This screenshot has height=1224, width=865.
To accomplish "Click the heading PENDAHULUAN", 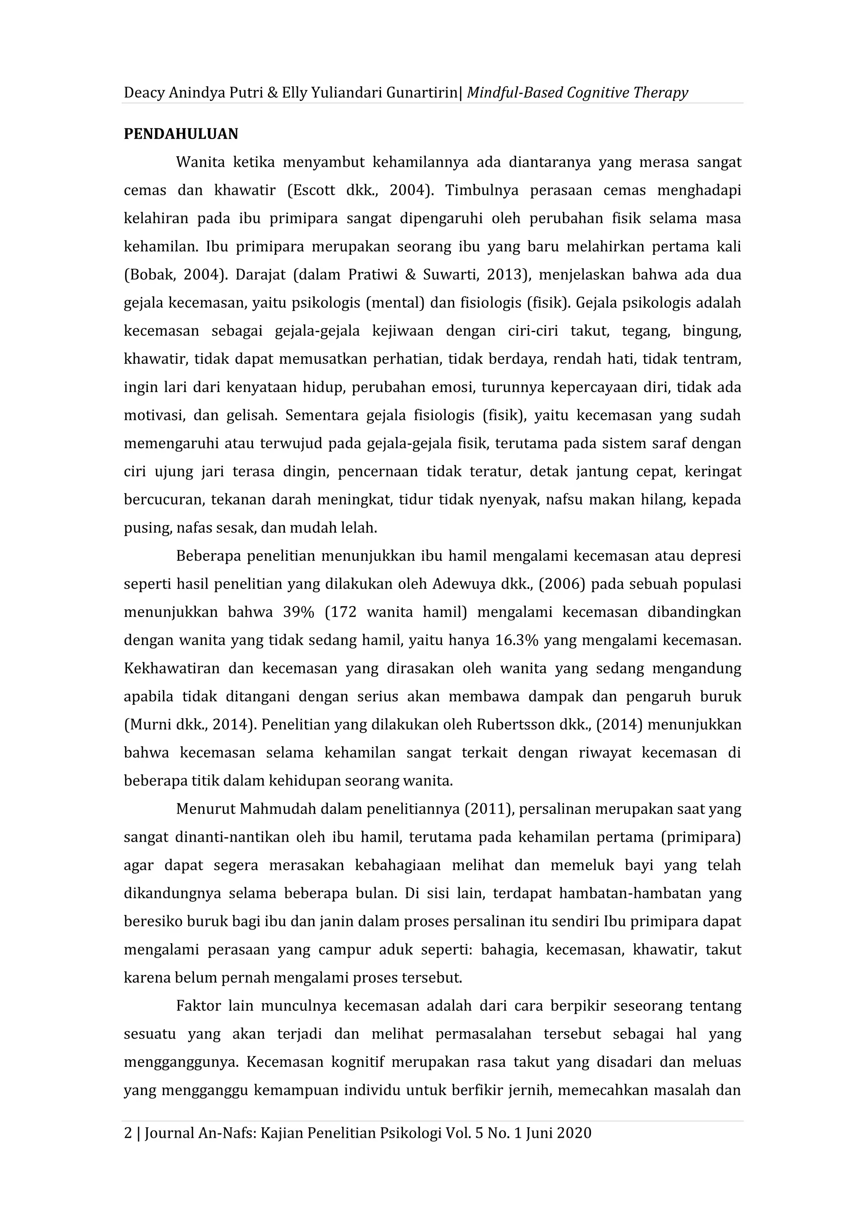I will click(181, 134).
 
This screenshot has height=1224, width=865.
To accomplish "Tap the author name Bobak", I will click(149, 275).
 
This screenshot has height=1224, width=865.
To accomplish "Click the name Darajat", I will click(260, 275).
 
